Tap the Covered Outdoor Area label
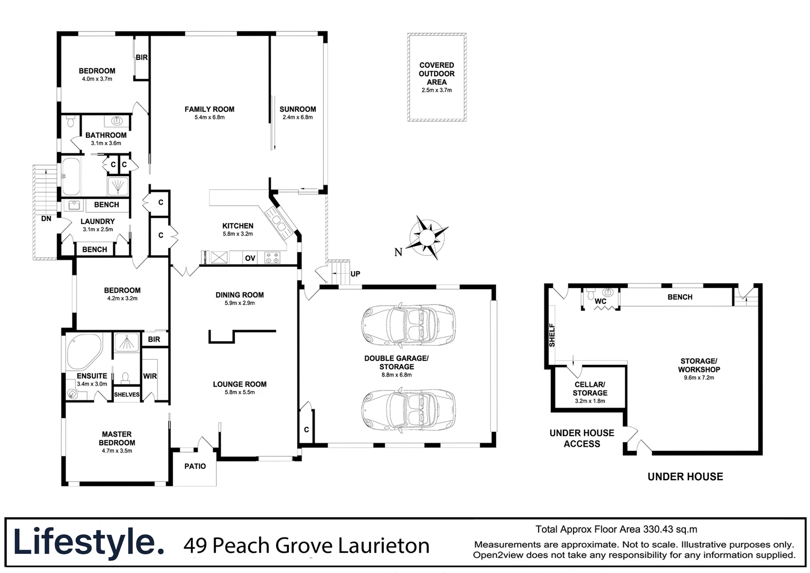point(436,74)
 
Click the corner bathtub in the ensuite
point(84,352)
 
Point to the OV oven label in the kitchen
point(250,258)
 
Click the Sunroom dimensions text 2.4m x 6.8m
point(297,117)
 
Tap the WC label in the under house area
point(600,301)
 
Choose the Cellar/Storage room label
point(589,389)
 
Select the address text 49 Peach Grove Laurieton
point(306,545)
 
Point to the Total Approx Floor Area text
point(616,529)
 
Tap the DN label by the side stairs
point(46,218)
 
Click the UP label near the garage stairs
point(355,274)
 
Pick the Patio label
point(195,466)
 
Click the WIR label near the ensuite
point(150,376)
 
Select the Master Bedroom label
point(117,438)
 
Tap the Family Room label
point(209,109)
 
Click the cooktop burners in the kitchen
point(272,258)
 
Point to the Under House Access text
point(582,438)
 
